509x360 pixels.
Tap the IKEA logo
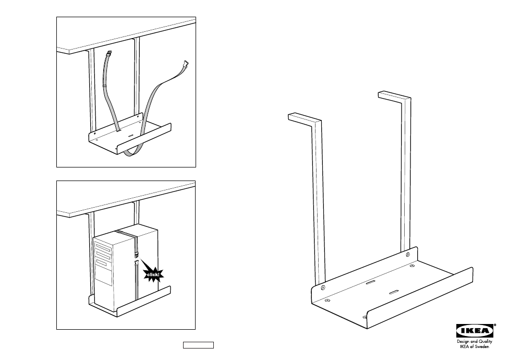click(x=475, y=331)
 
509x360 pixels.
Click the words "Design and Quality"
click(x=474, y=342)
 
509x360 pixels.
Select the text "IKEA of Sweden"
click(x=474, y=346)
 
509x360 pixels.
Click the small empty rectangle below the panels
click(x=198, y=345)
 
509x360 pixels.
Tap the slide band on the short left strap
click(x=105, y=85)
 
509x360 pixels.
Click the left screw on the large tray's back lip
click(x=323, y=287)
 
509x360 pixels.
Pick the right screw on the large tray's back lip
click(x=408, y=255)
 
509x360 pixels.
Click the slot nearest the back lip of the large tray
click(x=370, y=283)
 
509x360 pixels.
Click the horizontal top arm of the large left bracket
click(x=305, y=118)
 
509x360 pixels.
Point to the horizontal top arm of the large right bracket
click(x=394, y=96)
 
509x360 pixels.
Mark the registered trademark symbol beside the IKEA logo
click(x=495, y=325)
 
